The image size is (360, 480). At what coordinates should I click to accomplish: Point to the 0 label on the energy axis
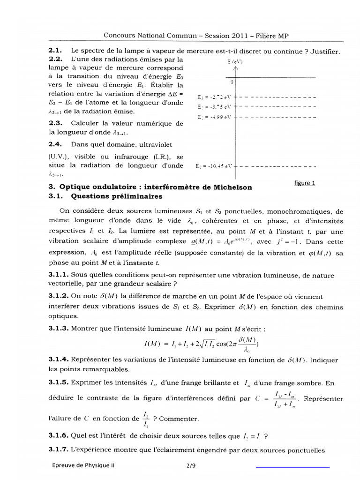231,82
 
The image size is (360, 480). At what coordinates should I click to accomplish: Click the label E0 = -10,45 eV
213,165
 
